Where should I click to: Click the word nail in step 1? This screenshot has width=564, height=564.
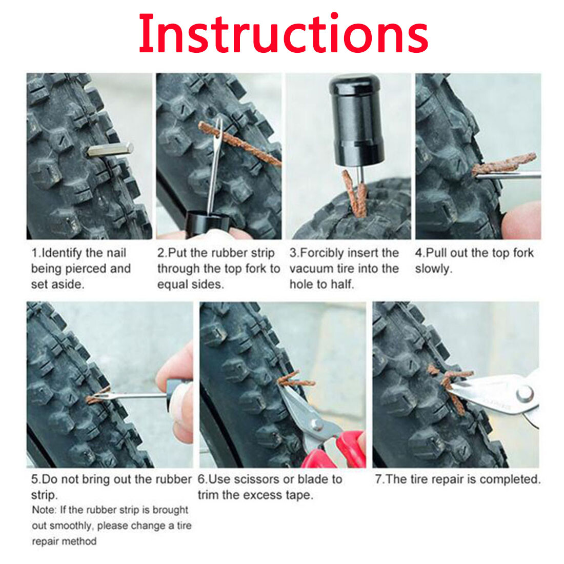[116, 253]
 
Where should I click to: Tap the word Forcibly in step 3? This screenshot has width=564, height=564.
[322, 253]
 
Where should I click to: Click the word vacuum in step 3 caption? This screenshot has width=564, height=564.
[311, 269]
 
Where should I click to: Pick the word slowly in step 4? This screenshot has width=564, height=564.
[432, 269]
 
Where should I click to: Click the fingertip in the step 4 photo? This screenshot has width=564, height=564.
[523, 218]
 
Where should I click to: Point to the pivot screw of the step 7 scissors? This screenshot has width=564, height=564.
[524, 394]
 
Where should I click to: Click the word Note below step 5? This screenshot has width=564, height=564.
[44, 510]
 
